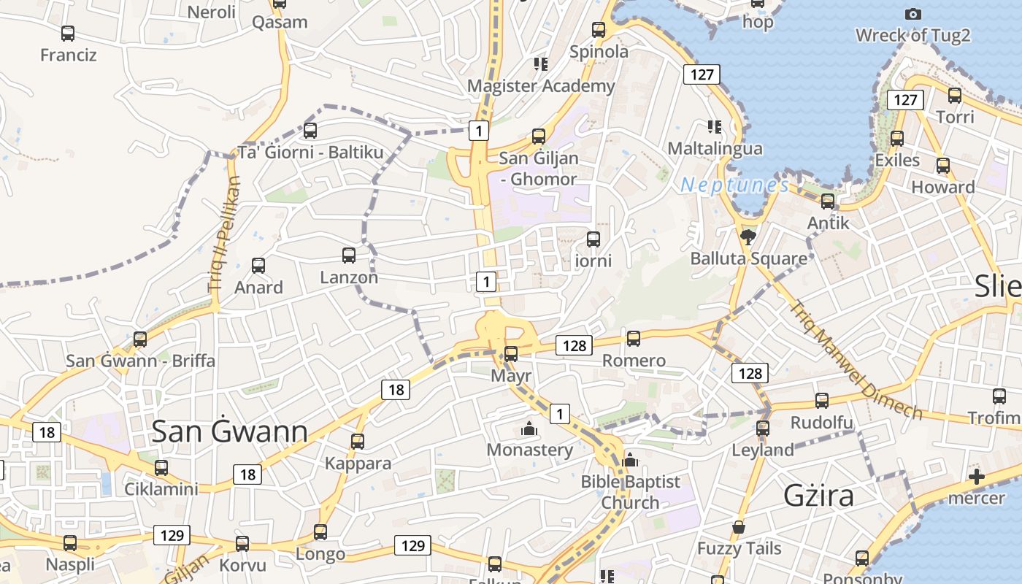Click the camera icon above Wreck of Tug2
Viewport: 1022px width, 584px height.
912,14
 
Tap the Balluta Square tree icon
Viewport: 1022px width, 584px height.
748,236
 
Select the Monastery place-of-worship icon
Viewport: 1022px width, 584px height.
529,429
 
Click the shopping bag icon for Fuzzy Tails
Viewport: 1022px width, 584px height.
739,527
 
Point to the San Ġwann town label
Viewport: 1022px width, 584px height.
229,431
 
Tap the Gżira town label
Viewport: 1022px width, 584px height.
818,496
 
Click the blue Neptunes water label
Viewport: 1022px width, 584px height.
735,185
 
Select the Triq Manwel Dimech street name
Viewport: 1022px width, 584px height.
856,360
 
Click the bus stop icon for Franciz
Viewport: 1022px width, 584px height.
68,34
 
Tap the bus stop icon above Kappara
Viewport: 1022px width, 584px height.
358,442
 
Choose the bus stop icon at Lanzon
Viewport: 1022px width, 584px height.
349,255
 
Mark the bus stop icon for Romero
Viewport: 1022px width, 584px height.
634,339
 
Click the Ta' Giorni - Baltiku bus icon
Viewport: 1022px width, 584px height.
310,131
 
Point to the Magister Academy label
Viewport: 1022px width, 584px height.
541,86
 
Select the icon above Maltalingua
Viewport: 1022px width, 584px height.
715,127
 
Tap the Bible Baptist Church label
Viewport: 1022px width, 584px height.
631,492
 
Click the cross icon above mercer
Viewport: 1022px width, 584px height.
977,477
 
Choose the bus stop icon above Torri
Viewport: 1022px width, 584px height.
955,96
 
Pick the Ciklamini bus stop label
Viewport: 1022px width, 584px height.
161,489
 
